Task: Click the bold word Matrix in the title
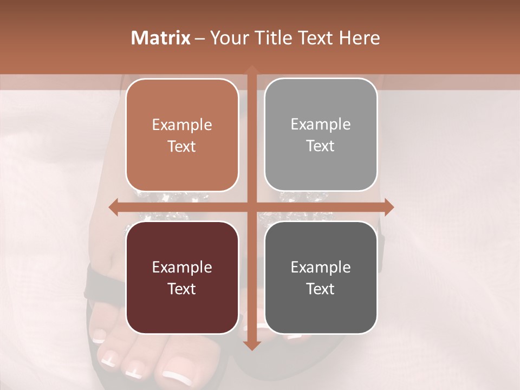[x=161, y=38]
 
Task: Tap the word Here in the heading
[x=359, y=38]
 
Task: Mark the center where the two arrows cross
[x=251, y=207]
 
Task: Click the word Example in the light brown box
[x=182, y=125]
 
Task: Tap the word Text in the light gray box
[x=321, y=146]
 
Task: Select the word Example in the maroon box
[x=182, y=268]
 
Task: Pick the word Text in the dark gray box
[x=321, y=289]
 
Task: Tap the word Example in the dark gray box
[x=321, y=268]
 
